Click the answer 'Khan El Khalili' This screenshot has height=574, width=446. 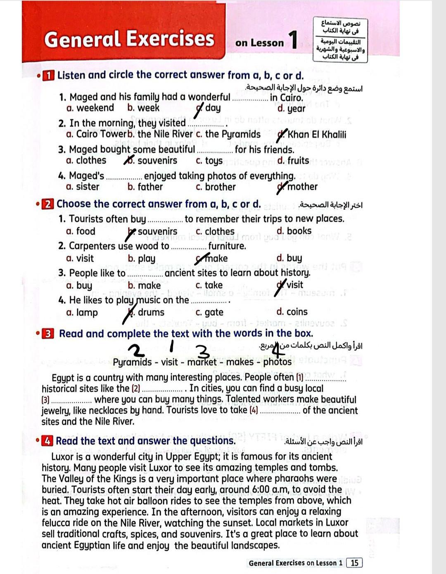(x=317, y=135)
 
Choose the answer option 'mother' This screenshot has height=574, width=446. (x=302, y=187)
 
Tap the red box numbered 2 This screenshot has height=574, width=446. (x=48, y=204)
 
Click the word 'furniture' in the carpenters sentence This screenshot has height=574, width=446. (x=227, y=246)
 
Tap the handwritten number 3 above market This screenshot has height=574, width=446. (x=202, y=351)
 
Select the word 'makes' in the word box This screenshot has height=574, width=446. (x=240, y=362)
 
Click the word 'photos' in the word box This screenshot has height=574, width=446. (x=277, y=362)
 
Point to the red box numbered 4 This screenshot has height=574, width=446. (x=48, y=441)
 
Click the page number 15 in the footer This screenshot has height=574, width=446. (x=354, y=563)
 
